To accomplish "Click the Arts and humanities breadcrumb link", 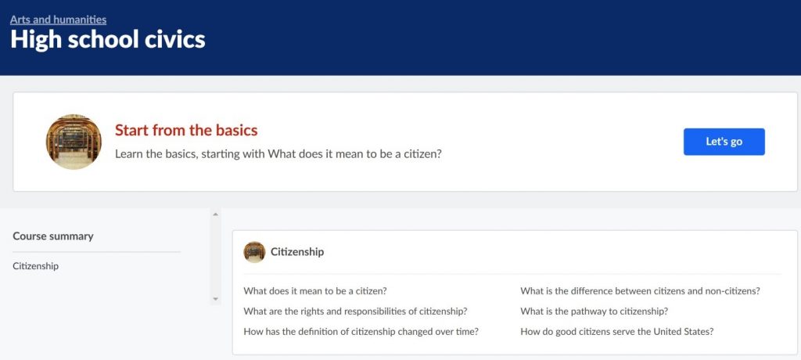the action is (58, 20).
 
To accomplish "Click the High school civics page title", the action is (108, 40).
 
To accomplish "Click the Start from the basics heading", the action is (186, 131).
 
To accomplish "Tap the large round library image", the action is (74, 142).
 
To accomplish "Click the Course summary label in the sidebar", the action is (53, 236).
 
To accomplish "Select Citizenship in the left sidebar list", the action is (36, 266).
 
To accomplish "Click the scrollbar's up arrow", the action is (216, 214).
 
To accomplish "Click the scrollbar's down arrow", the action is (216, 299).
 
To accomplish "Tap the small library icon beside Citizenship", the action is (254, 252).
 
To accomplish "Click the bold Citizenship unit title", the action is (297, 252).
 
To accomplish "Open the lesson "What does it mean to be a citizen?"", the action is (315, 291).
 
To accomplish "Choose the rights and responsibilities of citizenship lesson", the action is (356, 311).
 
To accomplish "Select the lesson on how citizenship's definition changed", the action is (361, 331).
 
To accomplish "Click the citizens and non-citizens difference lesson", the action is (640, 291).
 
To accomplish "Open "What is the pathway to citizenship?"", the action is (594, 311).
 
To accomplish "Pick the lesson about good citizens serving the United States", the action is (617, 331).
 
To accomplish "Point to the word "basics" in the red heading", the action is (234, 131).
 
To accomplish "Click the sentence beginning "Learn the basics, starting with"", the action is (278, 154).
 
